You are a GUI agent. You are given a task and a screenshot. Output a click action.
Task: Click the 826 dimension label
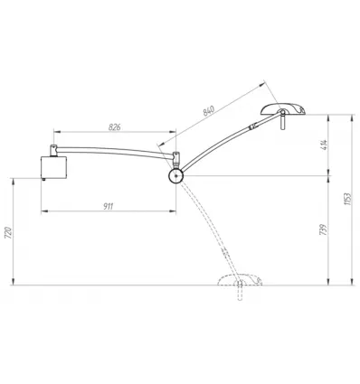115,127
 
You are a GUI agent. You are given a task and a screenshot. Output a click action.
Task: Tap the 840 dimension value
209,110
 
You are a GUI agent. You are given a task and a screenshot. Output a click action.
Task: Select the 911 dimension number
109,206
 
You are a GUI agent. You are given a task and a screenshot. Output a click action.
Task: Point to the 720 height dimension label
8,232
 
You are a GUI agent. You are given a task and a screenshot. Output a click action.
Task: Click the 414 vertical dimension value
325,145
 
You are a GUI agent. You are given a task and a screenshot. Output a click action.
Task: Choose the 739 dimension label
323,229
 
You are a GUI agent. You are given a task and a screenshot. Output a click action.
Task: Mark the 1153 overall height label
347,199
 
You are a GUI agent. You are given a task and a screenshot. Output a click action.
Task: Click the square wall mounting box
53,167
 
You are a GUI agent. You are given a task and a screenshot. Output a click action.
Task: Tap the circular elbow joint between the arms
175,176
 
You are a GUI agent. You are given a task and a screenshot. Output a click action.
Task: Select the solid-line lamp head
283,108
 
